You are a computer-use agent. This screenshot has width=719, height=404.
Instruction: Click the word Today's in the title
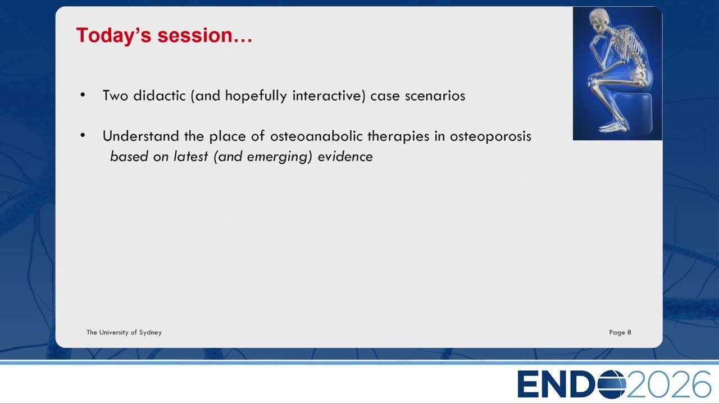click(113, 35)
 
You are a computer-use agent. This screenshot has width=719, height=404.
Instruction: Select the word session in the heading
click(195, 35)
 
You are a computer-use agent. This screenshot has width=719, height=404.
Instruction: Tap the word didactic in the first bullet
click(160, 95)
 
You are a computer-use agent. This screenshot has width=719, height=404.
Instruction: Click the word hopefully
click(256, 96)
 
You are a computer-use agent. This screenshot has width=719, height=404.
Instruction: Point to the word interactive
click(329, 96)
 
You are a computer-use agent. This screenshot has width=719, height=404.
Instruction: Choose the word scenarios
click(435, 96)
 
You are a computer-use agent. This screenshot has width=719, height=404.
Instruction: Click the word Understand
click(141, 136)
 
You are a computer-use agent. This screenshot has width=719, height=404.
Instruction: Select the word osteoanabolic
click(316, 136)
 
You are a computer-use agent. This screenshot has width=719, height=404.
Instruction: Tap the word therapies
click(398, 136)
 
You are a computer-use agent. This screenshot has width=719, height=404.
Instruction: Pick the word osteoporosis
click(490, 136)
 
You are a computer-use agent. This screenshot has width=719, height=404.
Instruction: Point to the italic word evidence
click(345, 157)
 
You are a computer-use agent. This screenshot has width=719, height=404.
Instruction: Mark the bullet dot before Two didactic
click(83, 95)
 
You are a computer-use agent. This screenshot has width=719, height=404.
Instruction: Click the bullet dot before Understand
click(83, 135)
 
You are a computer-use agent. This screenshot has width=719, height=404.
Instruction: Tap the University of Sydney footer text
click(124, 333)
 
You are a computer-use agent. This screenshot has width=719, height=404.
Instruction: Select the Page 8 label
click(620, 333)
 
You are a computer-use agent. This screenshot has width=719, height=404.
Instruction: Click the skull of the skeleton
click(599, 20)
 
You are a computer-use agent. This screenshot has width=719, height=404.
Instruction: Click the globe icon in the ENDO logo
click(612, 384)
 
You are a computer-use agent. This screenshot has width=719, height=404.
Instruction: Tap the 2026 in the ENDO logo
click(668, 384)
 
